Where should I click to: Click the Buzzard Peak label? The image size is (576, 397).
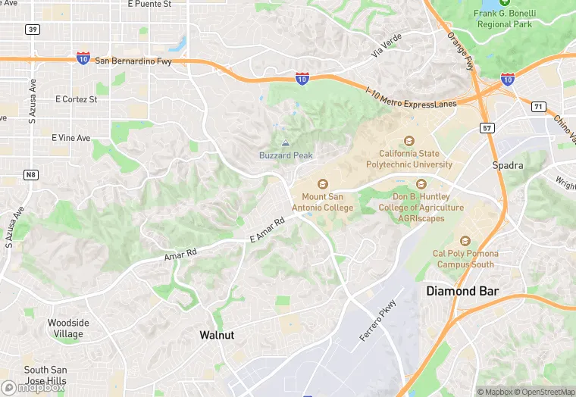286,155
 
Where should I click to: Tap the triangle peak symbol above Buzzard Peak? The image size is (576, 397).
286,143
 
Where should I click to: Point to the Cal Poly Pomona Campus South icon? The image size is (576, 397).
465,241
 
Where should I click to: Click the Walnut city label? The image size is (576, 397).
217,334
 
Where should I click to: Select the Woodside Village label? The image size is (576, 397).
68,328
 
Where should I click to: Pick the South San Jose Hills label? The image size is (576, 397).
45,374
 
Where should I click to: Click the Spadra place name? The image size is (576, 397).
508,165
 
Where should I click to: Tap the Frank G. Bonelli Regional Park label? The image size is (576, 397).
506,18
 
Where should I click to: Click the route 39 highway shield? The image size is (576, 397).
32,30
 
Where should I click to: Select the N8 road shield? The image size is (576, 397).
30,175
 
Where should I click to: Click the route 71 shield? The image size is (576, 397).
538,107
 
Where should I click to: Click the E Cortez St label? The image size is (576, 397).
77,99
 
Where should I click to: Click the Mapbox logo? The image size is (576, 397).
33,386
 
